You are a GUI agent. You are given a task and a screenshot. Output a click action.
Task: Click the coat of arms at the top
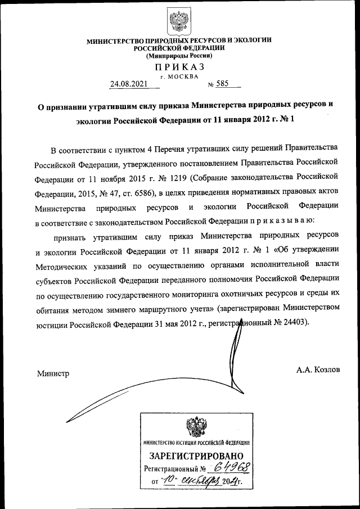179,20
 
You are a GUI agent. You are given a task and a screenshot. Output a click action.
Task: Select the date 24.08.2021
128,84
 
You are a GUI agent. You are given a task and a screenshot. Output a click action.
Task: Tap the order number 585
224,84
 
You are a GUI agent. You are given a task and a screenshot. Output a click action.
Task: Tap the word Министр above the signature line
53,373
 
